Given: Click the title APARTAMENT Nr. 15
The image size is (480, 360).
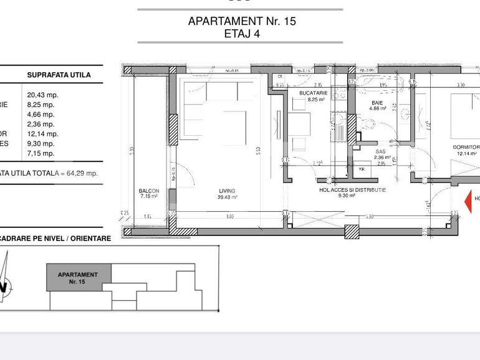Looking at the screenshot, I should click(242, 21).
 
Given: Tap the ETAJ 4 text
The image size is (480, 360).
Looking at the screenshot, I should click(242, 34).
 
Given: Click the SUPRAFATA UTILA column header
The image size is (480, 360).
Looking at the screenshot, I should click(59, 75).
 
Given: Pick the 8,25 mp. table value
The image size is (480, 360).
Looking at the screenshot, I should click(41, 105).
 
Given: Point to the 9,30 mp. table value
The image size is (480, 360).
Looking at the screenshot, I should click(41, 143).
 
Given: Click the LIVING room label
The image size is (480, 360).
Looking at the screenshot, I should click(227, 191).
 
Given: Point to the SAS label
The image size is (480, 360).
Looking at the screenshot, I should click(381, 151).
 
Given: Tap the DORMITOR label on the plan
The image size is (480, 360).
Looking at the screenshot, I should click(466, 148).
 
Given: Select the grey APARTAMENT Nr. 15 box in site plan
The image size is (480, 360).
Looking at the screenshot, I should click(79, 278).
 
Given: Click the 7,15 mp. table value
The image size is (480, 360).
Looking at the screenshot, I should click(41, 153).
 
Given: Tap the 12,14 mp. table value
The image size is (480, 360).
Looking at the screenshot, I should click(42, 134).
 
